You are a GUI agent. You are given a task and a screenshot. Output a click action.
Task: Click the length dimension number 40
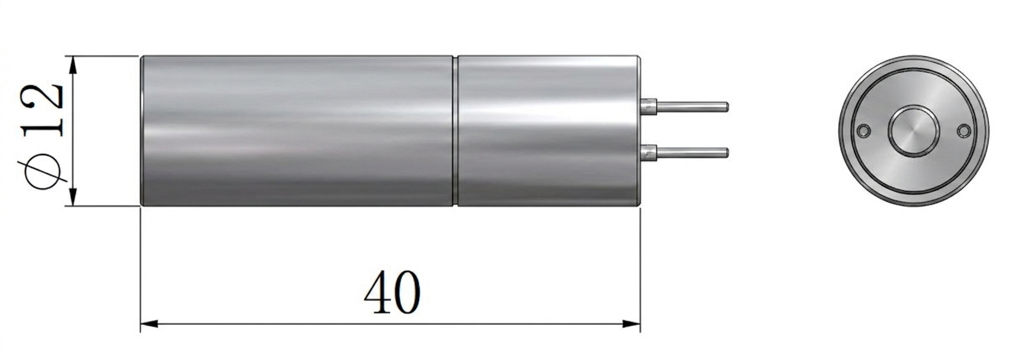coord(392,292)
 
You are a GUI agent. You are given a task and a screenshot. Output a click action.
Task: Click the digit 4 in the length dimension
coord(378,292)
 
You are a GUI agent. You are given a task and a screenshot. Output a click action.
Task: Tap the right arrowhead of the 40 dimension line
coord(631,324)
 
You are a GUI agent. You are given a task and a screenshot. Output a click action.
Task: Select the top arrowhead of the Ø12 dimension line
coord(72,65)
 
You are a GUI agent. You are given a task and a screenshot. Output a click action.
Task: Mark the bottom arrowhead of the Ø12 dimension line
coord(72,197)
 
